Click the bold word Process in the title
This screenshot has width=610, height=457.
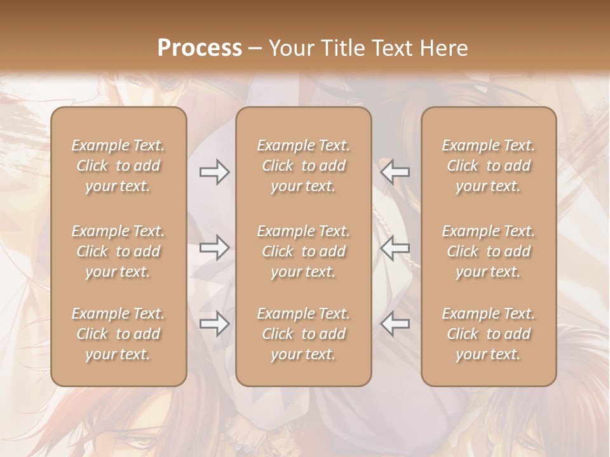(200, 48)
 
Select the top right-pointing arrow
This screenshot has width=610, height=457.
(215, 172)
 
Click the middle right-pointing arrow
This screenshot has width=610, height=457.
(215, 248)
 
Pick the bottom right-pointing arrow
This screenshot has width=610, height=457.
(215, 324)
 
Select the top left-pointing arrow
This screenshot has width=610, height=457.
(395, 172)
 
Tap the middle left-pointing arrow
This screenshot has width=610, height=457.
(395, 248)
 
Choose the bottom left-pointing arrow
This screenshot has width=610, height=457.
(395, 324)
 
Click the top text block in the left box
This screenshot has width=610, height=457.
(118, 166)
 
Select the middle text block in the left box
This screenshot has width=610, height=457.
(118, 251)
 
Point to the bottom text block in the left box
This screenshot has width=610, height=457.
(118, 334)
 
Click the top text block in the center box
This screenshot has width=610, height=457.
(304, 166)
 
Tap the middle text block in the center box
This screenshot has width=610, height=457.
(304, 251)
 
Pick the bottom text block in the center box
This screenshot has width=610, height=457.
(304, 334)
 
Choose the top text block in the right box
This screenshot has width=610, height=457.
(489, 166)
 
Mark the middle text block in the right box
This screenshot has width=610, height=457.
(489, 251)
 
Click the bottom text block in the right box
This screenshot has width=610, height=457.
(489, 334)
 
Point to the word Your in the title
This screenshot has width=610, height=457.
(292, 48)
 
